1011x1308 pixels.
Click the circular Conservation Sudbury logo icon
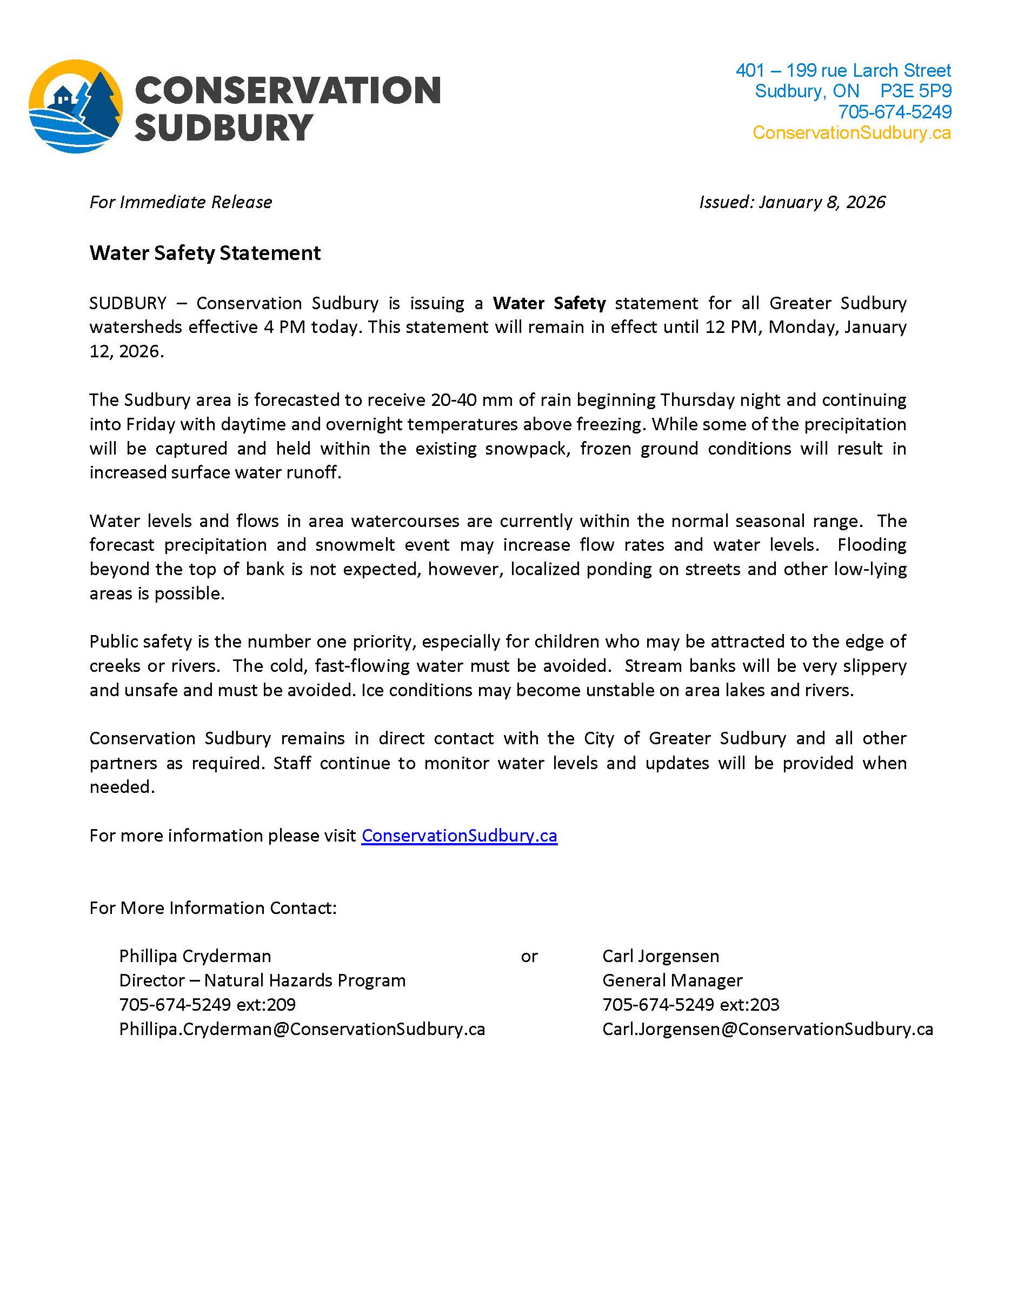[76, 106]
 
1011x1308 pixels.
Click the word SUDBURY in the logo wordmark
[223, 128]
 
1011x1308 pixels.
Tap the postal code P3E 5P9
[915, 91]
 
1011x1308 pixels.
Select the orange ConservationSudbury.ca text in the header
[851, 132]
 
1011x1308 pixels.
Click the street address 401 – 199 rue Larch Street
[843, 71]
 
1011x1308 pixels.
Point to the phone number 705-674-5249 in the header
[894, 112]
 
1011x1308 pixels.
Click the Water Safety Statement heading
[205, 253]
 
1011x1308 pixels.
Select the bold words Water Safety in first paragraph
[549, 303]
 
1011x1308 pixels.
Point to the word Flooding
[872, 544]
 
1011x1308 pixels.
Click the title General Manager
[672, 980]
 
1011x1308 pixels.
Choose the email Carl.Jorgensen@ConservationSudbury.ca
[767, 1029]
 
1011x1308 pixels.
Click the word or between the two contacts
[529, 957]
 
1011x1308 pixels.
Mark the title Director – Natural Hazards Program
[262, 980]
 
